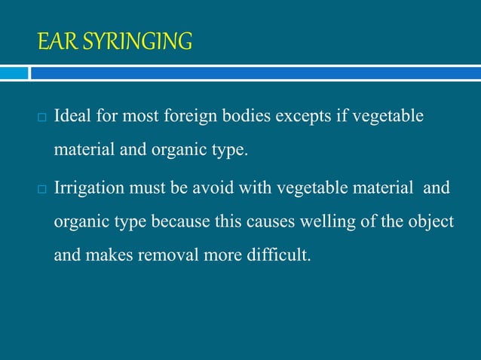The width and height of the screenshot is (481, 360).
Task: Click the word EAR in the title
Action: tap(52, 41)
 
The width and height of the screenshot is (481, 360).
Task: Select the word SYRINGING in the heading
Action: tap(130, 41)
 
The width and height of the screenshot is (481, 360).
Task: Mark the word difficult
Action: tap(278, 256)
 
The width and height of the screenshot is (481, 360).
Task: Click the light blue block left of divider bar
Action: tap(14, 73)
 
